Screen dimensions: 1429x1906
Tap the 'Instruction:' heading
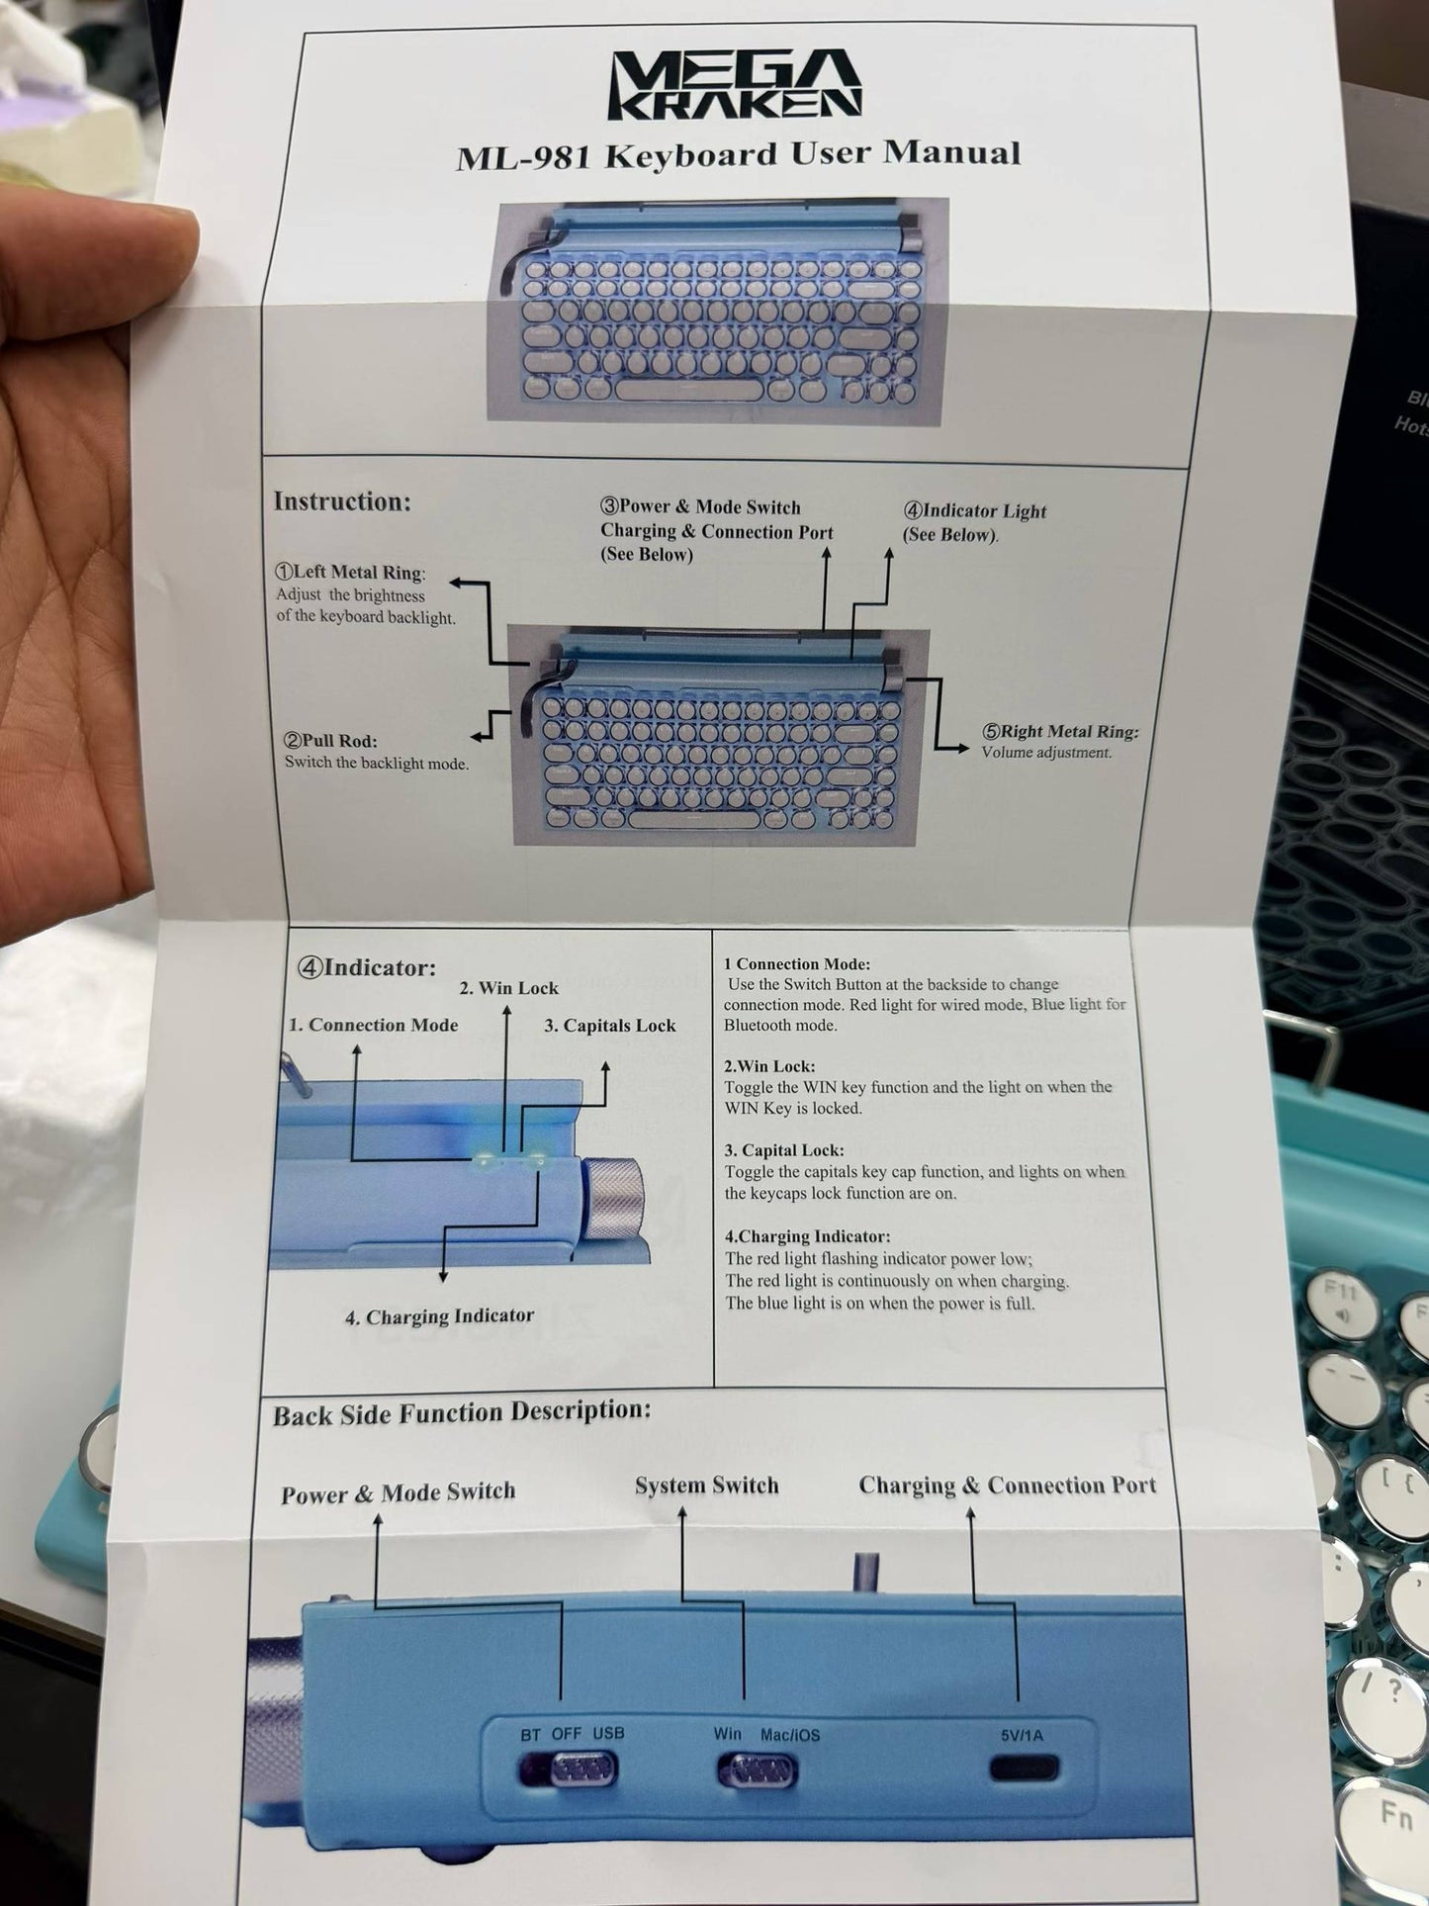point(341,501)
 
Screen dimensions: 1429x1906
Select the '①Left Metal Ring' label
point(349,572)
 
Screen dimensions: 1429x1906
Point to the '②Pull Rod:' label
point(331,740)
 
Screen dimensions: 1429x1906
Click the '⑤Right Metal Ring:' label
point(1060,731)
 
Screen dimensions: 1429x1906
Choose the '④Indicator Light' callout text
point(974,510)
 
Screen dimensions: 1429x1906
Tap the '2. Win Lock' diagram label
point(508,987)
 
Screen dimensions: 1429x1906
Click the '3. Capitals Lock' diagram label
point(610,1025)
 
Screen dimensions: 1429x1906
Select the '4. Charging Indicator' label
point(440,1316)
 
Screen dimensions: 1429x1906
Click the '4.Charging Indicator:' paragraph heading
point(807,1236)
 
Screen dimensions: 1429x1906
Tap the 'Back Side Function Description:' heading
point(463,1412)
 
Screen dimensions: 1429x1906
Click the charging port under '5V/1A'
point(1025,1768)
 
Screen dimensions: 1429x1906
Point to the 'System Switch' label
point(707,1486)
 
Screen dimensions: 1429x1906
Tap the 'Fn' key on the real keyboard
point(1399,1810)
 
